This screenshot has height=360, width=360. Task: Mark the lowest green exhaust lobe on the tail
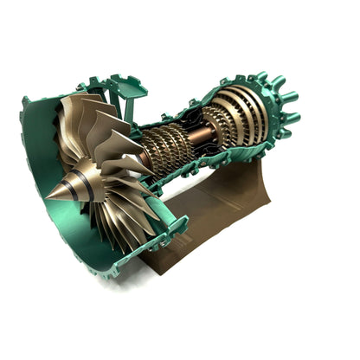(279, 146)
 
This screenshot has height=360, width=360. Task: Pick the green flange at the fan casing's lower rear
(173, 229)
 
